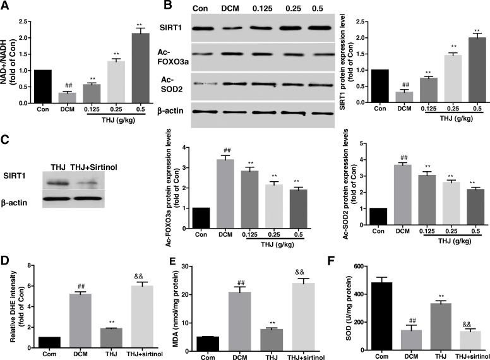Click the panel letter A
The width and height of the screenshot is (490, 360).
coord(6,6)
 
